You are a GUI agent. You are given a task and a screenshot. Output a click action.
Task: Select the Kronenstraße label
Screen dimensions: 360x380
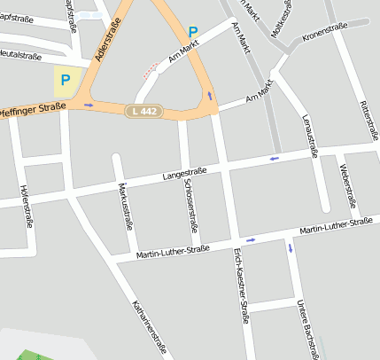[324, 32]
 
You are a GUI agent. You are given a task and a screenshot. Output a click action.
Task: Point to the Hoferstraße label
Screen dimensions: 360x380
[25, 207]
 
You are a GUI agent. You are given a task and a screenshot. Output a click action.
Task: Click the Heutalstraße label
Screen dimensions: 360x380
[19, 55]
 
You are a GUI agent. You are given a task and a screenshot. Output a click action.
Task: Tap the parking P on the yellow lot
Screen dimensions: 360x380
[65, 80]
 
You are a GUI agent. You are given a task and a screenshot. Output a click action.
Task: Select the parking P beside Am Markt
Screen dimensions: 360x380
[192, 34]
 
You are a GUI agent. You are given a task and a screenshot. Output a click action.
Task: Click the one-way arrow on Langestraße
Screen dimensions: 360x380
[274, 159]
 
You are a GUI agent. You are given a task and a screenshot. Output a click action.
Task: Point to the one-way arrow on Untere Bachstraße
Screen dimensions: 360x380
[290, 247]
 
